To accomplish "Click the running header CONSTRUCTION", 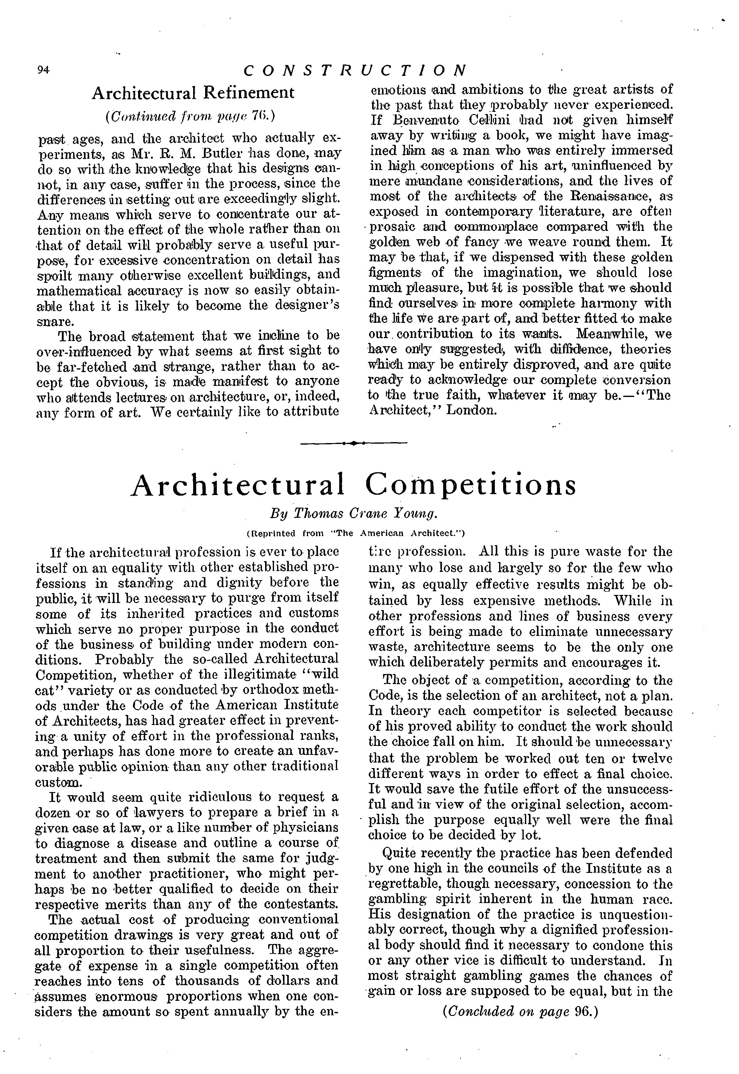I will click(x=355, y=70).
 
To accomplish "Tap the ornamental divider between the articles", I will click(x=354, y=443).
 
